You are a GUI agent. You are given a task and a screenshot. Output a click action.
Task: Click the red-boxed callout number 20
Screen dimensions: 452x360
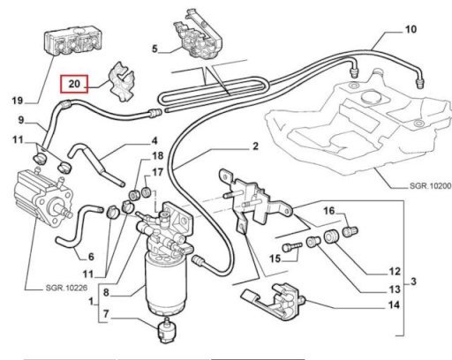(74, 84)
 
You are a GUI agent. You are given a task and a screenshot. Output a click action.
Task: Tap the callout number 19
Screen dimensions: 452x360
(18, 101)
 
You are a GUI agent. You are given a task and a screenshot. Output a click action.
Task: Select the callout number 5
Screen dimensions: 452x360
(154, 49)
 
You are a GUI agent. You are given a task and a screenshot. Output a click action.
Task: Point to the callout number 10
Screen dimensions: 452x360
(411, 29)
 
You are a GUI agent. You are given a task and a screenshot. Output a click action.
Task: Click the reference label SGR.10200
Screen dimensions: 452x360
(430, 186)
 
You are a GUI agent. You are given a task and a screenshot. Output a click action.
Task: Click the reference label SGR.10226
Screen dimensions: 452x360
(66, 288)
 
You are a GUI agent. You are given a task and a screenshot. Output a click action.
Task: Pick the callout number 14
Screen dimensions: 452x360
(394, 305)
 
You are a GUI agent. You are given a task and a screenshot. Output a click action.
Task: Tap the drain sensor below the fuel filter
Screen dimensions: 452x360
(166, 330)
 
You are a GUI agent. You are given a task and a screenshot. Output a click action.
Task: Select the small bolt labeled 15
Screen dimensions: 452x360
(292, 246)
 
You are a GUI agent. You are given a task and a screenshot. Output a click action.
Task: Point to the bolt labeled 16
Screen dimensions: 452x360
(350, 230)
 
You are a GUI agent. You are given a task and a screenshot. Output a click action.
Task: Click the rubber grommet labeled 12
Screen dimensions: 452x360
(332, 236)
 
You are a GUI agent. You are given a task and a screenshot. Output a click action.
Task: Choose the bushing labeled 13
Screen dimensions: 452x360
(313, 242)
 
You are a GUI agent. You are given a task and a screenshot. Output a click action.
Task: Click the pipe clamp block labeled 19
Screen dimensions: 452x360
(72, 43)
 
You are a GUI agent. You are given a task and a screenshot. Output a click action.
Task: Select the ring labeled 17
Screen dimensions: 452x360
(147, 192)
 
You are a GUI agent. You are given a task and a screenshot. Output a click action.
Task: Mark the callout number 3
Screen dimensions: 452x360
(413, 281)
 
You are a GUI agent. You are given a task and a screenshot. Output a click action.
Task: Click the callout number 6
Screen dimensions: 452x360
(91, 257)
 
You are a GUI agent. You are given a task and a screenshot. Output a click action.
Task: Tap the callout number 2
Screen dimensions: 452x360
(255, 146)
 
